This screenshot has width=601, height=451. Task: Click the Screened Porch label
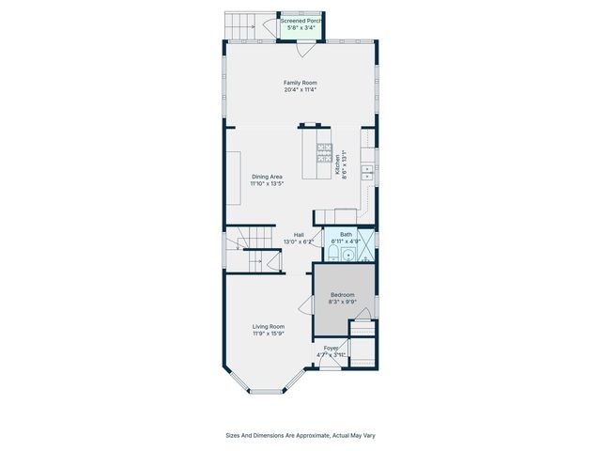coord(300,20)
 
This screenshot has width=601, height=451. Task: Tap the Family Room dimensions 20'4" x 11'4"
coord(300,90)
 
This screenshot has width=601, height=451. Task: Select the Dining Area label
coord(267,177)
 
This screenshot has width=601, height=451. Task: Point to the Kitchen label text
coord(338,165)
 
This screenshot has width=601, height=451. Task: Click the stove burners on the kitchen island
coord(324,154)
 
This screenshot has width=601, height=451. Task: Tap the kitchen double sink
coord(370,172)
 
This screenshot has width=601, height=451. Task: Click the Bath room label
coord(346,234)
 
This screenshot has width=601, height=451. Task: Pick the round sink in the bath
coord(348,255)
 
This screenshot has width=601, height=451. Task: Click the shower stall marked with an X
coord(367,253)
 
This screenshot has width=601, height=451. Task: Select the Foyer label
coord(331,349)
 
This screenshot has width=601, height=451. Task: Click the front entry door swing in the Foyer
coord(331,363)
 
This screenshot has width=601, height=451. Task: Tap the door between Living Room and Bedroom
coord(307,304)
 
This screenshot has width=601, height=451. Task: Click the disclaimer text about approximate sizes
coord(300,435)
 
